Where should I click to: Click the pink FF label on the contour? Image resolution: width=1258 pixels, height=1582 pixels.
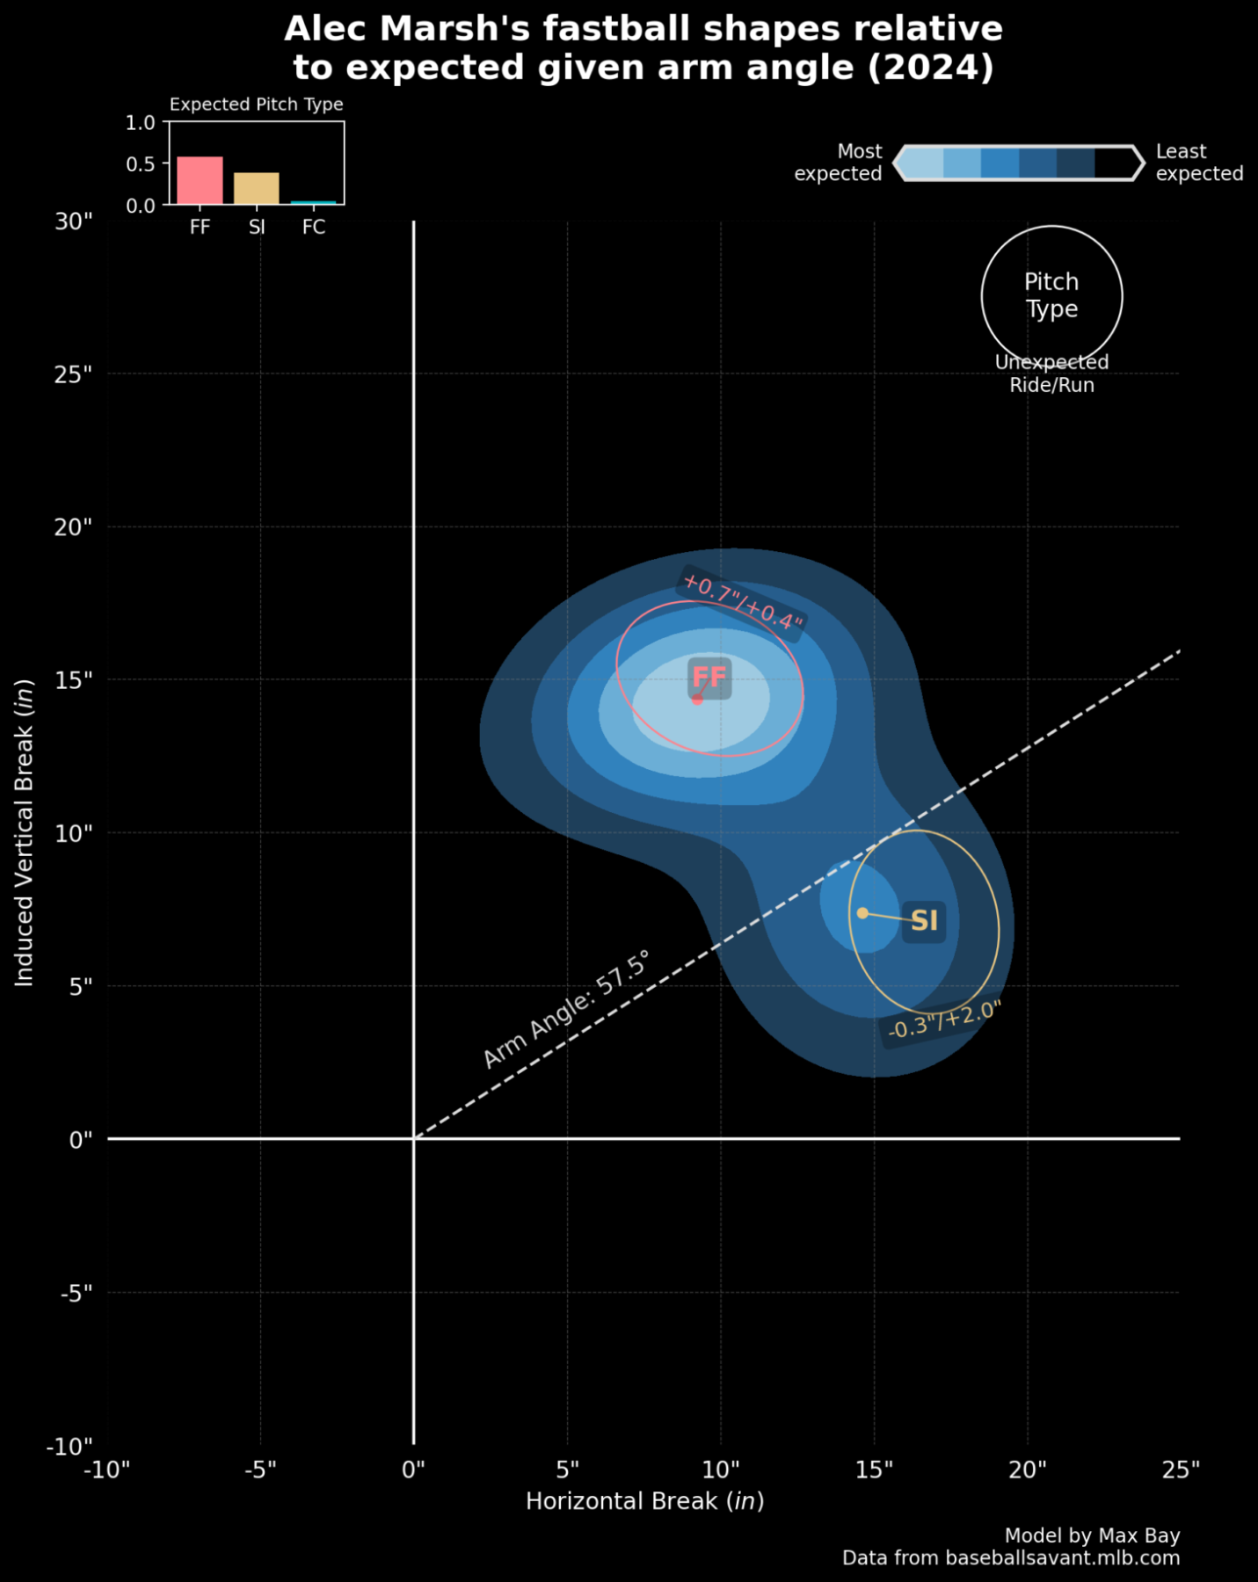pyautogui.click(x=709, y=677)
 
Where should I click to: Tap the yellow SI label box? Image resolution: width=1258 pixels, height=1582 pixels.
pyautogui.click(x=923, y=920)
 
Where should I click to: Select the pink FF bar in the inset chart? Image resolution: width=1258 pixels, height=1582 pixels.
pyautogui.click(x=200, y=181)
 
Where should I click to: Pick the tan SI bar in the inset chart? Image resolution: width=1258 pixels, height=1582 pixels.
pyautogui.click(x=256, y=189)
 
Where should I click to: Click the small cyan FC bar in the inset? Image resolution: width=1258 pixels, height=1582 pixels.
pyautogui.click(x=313, y=203)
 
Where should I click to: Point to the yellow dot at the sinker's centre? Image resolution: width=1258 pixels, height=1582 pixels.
pyautogui.click(x=862, y=913)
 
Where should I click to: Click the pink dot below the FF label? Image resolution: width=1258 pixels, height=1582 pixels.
pyautogui.click(x=697, y=700)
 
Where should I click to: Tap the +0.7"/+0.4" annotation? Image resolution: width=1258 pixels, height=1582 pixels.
pyautogui.click(x=743, y=602)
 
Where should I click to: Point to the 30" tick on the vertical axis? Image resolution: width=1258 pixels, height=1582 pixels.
pyautogui.click(x=74, y=221)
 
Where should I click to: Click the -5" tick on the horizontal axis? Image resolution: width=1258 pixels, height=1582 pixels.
pyautogui.click(x=260, y=1470)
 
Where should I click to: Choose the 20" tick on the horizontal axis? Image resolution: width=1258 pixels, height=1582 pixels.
pyautogui.click(x=1027, y=1470)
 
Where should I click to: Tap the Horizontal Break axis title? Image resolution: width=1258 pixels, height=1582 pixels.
pyautogui.click(x=644, y=1501)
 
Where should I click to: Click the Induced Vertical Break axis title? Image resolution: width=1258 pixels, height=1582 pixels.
pyautogui.click(x=25, y=832)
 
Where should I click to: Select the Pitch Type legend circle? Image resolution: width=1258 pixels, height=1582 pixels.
pyautogui.click(x=1051, y=296)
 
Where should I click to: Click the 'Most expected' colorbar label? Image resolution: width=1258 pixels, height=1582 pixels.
pyautogui.click(x=839, y=163)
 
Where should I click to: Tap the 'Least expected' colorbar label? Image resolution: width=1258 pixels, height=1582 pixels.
pyautogui.click(x=1198, y=163)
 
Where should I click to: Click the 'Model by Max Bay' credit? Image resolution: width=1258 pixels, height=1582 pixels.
pyautogui.click(x=1092, y=1535)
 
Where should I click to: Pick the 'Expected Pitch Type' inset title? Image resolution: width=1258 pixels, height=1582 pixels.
pyautogui.click(x=256, y=105)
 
